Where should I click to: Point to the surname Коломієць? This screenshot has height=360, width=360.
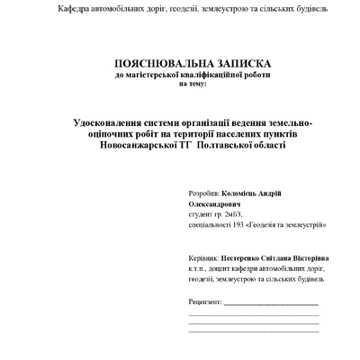[242, 193]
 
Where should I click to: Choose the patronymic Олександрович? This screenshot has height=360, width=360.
[216, 204]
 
